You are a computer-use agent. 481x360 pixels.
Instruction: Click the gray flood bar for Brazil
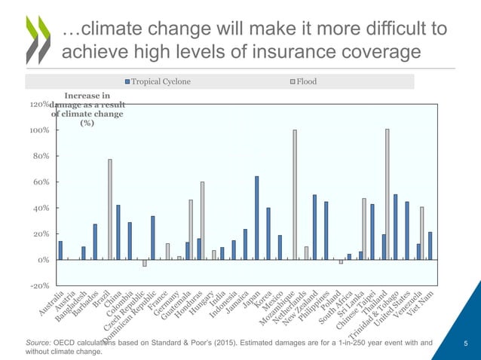tap(110, 209)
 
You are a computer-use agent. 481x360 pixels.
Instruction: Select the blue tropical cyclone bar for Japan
tap(257, 218)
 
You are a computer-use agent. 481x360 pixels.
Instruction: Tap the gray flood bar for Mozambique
tap(295, 194)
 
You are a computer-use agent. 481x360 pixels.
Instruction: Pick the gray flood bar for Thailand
tap(388, 194)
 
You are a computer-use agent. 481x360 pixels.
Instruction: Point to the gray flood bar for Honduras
tap(202, 220)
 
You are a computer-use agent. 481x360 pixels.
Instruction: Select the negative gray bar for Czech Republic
tap(144, 263)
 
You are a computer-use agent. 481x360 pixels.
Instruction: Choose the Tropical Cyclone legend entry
tap(158, 81)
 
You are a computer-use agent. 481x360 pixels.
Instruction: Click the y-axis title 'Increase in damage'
tap(87, 110)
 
